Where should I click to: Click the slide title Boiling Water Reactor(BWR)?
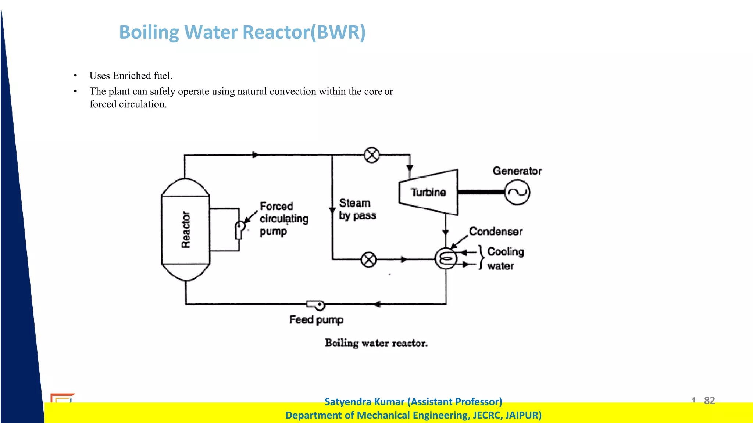click(242, 32)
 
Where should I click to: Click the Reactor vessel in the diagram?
click(186, 230)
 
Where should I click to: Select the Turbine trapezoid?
click(428, 192)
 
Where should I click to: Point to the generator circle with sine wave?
click(517, 192)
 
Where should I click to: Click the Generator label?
click(517, 171)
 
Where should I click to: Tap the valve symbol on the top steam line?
click(371, 155)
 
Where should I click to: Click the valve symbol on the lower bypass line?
click(368, 260)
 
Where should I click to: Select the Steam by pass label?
click(357, 209)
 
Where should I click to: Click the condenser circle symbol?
click(446, 259)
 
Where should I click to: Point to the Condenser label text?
click(496, 232)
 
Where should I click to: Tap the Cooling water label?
click(505, 259)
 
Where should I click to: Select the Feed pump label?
click(316, 320)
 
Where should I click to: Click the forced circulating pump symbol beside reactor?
click(240, 229)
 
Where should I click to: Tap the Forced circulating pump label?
click(283, 219)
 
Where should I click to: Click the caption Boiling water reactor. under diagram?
click(376, 343)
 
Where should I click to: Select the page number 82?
click(709, 400)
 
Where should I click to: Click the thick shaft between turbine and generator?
click(481, 192)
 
